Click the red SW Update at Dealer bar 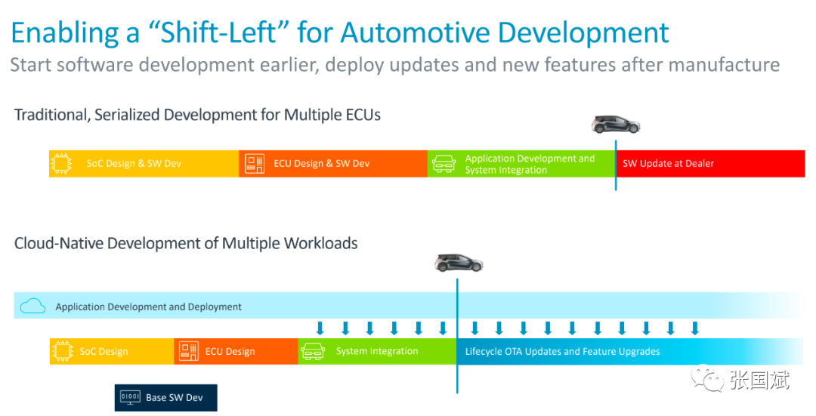(710, 163)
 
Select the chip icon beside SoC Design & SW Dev (61, 163)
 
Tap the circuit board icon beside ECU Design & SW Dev (255, 163)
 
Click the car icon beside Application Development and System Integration (444, 164)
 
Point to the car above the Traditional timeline (616, 124)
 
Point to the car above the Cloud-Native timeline (459, 263)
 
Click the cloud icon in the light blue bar (32, 306)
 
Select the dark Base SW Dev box (166, 398)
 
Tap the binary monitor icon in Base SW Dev (130, 398)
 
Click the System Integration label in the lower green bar (377, 351)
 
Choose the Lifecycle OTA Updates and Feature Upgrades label (563, 352)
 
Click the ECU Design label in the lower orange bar (230, 352)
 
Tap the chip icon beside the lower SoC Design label (62, 352)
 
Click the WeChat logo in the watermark (707, 378)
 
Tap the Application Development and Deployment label (148, 307)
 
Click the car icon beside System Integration (313, 352)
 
